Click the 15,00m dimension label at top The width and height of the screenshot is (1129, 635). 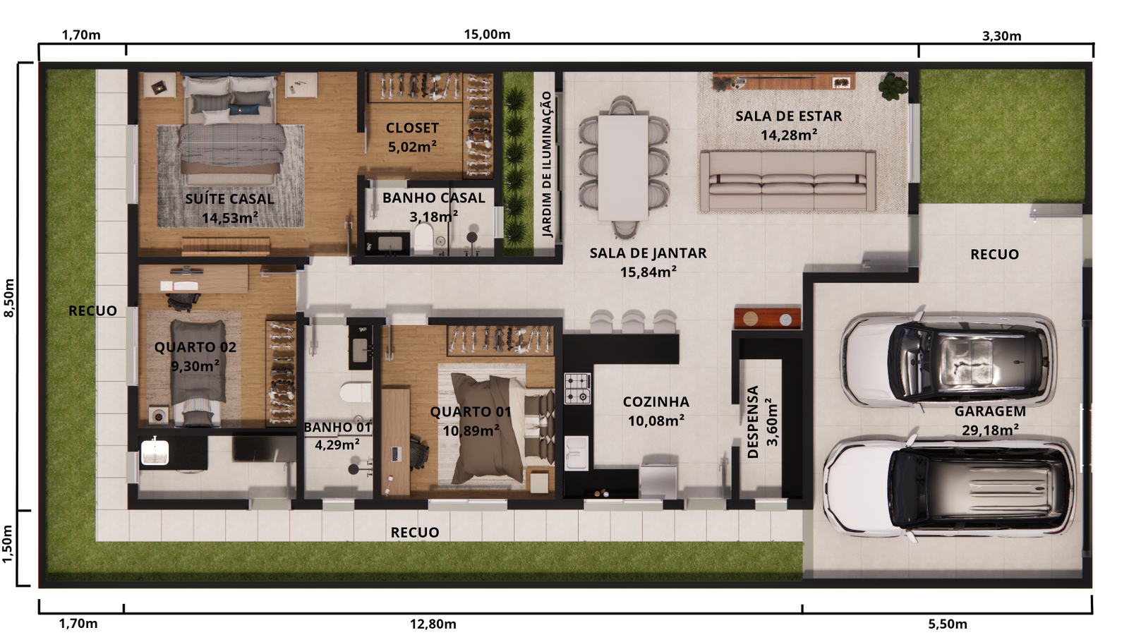pyautogui.click(x=487, y=35)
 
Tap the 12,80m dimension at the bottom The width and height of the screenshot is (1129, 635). pyautogui.click(x=433, y=624)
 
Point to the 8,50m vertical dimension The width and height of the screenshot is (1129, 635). pyautogui.click(x=9, y=298)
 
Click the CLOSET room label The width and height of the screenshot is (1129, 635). pyautogui.click(x=412, y=128)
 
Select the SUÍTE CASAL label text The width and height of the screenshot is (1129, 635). pyautogui.click(x=229, y=199)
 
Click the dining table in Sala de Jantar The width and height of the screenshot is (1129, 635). pyautogui.click(x=623, y=167)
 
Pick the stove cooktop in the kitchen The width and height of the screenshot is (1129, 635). pyautogui.click(x=577, y=388)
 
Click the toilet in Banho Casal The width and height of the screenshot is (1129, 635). pyautogui.click(x=423, y=238)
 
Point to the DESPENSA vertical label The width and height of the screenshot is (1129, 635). pyautogui.click(x=753, y=421)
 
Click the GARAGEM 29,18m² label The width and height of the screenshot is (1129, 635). pyautogui.click(x=990, y=421)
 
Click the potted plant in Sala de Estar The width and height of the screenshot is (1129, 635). pyautogui.click(x=893, y=85)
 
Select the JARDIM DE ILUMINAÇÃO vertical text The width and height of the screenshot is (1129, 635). pyautogui.click(x=546, y=164)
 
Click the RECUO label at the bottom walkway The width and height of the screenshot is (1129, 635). pyautogui.click(x=415, y=533)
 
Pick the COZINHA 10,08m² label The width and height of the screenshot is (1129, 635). pyautogui.click(x=656, y=411)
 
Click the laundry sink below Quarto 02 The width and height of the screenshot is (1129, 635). pyautogui.click(x=155, y=452)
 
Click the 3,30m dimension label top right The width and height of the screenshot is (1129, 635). pyautogui.click(x=1001, y=36)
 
